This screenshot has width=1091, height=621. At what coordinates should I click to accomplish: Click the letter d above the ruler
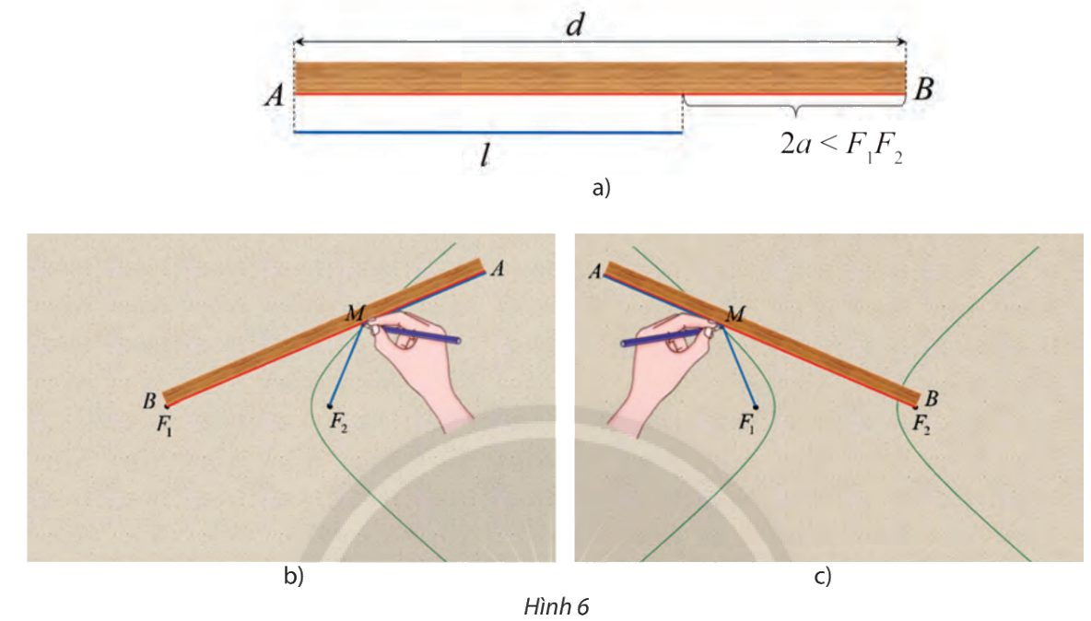(x=575, y=24)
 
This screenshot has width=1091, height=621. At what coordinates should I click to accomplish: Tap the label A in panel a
(x=274, y=94)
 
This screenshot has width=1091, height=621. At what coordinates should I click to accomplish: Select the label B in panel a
(x=925, y=89)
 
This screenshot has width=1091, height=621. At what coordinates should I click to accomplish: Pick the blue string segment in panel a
(x=487, y=133)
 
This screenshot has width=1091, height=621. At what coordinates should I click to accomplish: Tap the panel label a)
(x=601, y=189)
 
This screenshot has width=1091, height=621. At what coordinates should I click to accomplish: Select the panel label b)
(x=293, y=577)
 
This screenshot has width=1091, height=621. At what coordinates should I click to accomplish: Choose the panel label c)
(x=823, y=577)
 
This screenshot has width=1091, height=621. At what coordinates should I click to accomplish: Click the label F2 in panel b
(x=339, y=423)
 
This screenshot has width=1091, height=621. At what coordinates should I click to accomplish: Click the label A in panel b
(x=498, y=268)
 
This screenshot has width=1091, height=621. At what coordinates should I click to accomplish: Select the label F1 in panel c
(x=746, y=424)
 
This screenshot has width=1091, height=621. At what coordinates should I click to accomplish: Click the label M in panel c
(x=735, y=315)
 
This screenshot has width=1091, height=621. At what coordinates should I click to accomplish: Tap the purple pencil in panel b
(x=419, y=334)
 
